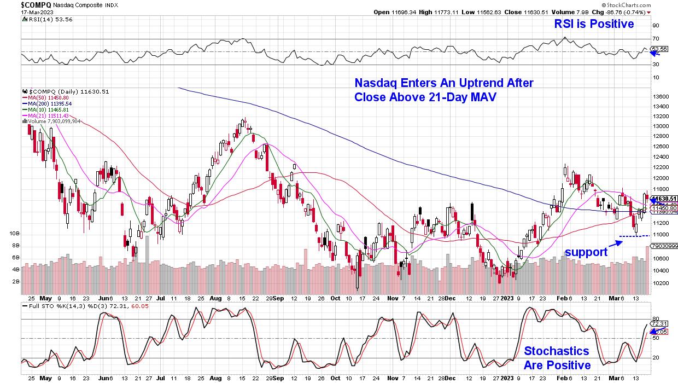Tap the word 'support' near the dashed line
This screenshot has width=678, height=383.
(586, 252)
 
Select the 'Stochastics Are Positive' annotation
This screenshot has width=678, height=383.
(557, 358)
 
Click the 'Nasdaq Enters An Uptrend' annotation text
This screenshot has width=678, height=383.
(443, 90)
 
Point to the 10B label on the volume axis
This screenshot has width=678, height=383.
(15, 234)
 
